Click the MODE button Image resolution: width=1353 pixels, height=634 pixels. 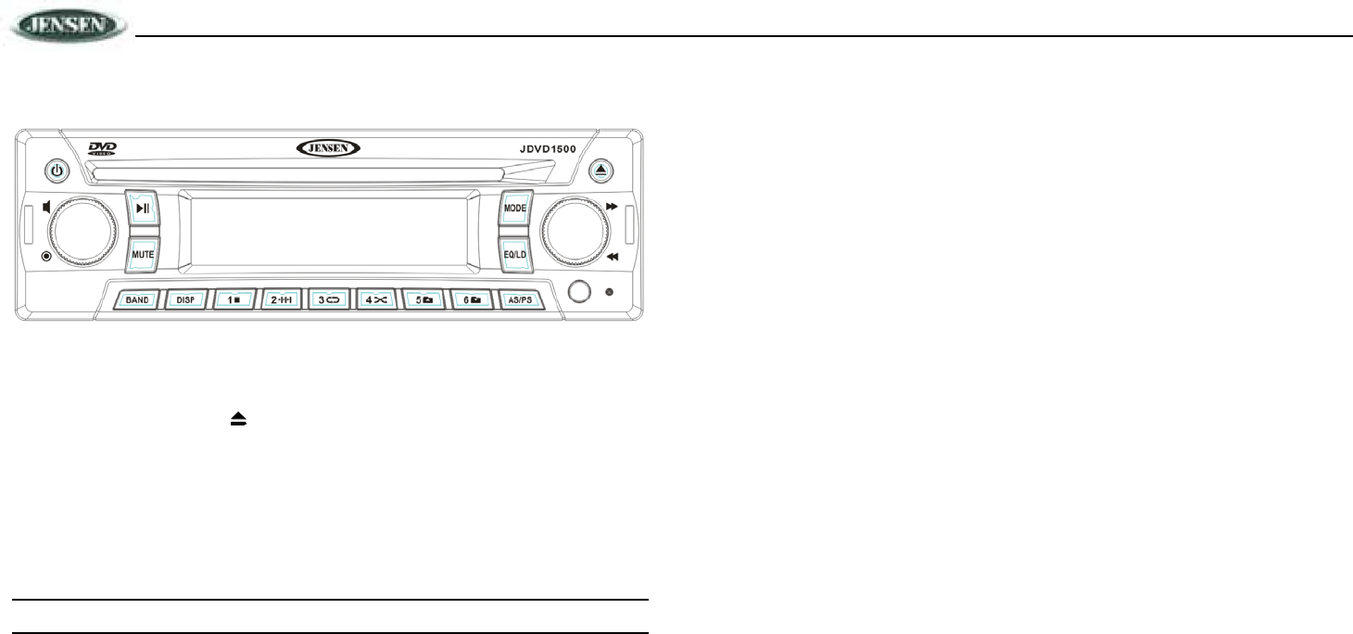tap(514, 209)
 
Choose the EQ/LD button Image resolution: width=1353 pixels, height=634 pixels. tap(514, 252)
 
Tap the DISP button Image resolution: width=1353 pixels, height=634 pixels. tap(185, 300)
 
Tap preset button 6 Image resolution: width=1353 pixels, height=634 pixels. tap(475, 300)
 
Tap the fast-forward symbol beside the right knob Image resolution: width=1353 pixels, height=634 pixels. tap(613, 209)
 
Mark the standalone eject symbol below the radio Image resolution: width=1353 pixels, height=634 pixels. tap(238, 420)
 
